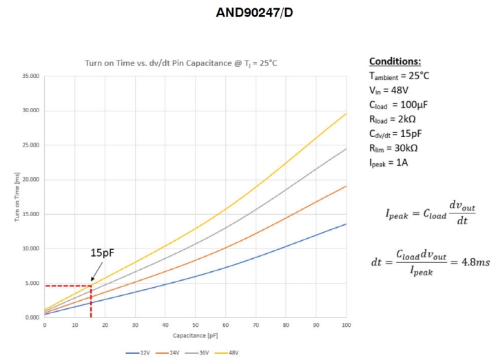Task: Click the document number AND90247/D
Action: [254, 13]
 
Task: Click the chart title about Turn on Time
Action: [181, 63]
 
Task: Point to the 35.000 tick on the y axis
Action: [30, 76]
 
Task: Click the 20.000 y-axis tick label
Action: [30, 180]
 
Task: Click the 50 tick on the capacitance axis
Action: [196, 324]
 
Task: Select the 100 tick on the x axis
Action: [346, 324]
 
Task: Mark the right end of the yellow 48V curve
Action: [346, 114]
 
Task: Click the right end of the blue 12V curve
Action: [346, 224]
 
